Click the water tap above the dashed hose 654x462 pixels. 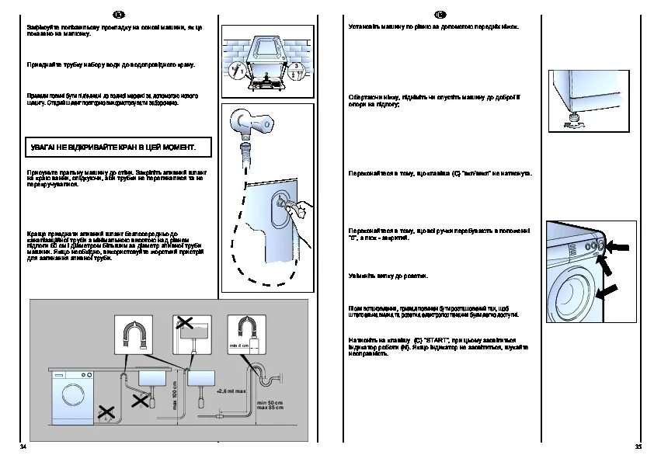point(252,122)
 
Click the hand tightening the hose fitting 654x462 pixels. point(300,208)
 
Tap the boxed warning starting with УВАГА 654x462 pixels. point(112,147)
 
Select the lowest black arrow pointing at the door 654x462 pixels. point(611,291)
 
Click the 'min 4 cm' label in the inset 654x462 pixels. point(238,345)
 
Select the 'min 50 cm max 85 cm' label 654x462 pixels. point(270,406)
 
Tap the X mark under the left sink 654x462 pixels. point(141,401)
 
